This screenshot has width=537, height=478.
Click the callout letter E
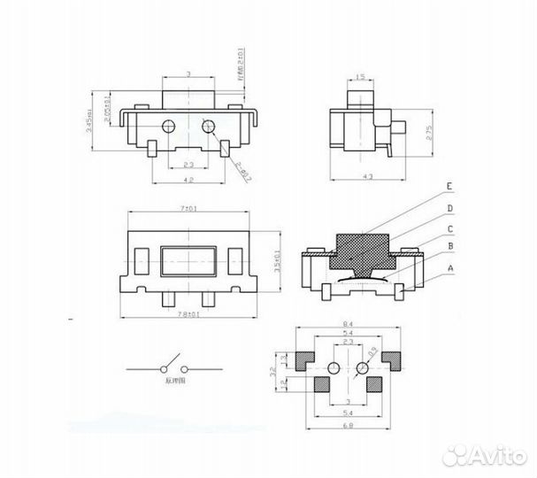(449, 187)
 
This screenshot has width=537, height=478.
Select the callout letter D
(449, 209)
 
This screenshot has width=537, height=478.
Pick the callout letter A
(449, 266)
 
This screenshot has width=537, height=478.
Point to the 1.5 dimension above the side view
(360, 77)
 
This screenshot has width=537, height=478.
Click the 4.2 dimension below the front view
(187, 180)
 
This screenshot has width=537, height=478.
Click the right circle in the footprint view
(363, 367)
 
